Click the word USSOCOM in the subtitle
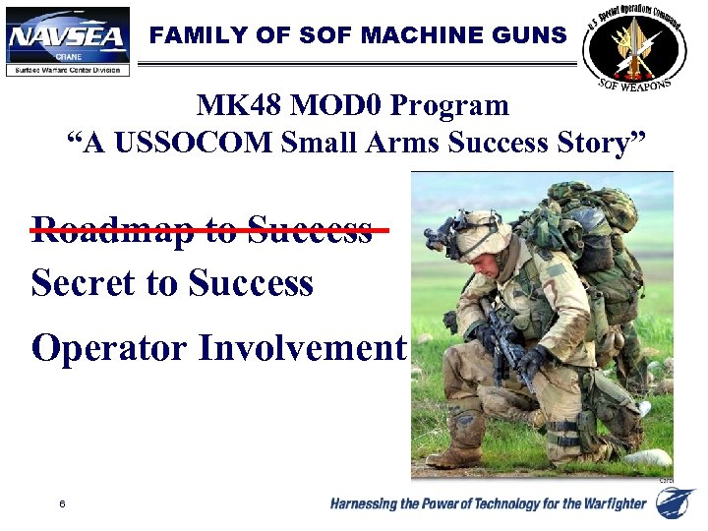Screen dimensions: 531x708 tap(196, 143)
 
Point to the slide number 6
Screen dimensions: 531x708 tap(62, 504)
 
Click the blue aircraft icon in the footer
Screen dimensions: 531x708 tap(677, 503)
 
